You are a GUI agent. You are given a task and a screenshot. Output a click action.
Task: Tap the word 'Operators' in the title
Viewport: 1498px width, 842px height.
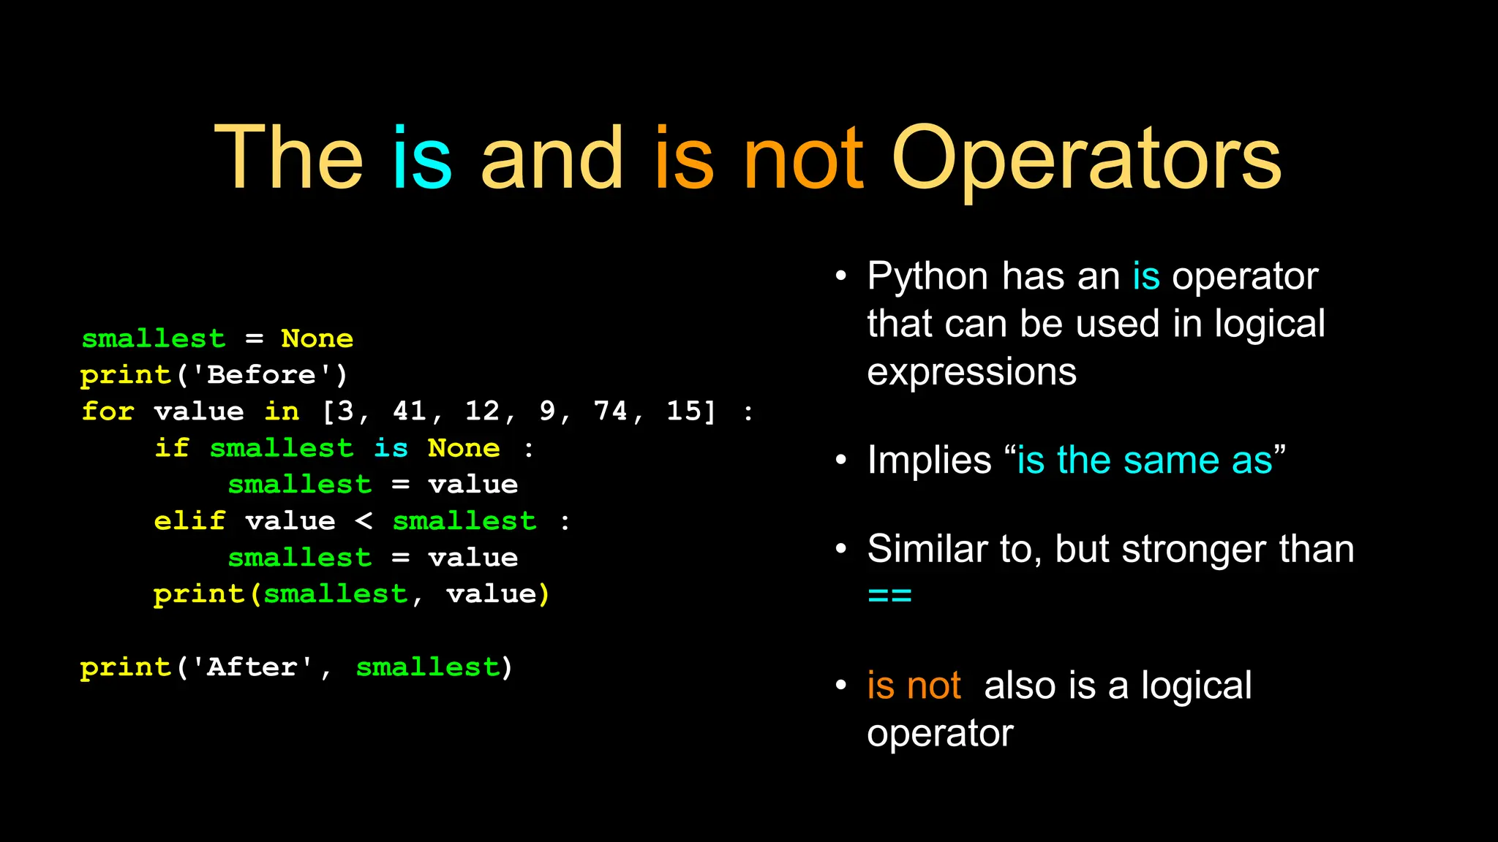point(1086,159)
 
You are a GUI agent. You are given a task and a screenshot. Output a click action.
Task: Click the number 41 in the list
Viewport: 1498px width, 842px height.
point(410,411)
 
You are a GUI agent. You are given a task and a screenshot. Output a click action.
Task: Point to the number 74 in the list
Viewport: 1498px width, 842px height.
point(610,411)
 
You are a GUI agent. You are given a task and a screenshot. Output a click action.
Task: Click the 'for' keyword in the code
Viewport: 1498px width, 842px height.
point(108,411)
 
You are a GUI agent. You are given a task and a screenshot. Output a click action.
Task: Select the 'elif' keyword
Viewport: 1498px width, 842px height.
point(189,520)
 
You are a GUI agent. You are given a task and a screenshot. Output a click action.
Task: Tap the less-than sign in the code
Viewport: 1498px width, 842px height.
point(364,520)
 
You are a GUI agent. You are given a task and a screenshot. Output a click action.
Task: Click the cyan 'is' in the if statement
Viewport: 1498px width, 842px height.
point(391,447)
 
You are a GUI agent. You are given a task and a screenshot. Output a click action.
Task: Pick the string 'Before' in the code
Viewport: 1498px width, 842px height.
point(262,374)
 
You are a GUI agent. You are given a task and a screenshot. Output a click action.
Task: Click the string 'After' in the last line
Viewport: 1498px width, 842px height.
point(252,667)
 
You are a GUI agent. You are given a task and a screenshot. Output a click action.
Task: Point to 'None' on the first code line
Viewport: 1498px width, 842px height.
point(317,338)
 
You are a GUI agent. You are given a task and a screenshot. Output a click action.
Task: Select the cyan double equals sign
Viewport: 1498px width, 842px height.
point(889,595)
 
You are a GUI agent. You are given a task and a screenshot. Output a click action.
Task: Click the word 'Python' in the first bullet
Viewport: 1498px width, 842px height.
point(927,276)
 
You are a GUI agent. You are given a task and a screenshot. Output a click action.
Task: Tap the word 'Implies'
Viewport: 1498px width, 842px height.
point(929,460)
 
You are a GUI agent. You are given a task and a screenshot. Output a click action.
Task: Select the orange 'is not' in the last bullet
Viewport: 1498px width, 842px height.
point(914,686)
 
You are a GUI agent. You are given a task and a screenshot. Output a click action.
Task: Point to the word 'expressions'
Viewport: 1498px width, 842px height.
point(971,371)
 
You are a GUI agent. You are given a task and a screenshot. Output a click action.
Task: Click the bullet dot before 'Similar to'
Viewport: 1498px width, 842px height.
point(841,548)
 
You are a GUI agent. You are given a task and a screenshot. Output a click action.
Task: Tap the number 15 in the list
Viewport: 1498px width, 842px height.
point(684,411)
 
